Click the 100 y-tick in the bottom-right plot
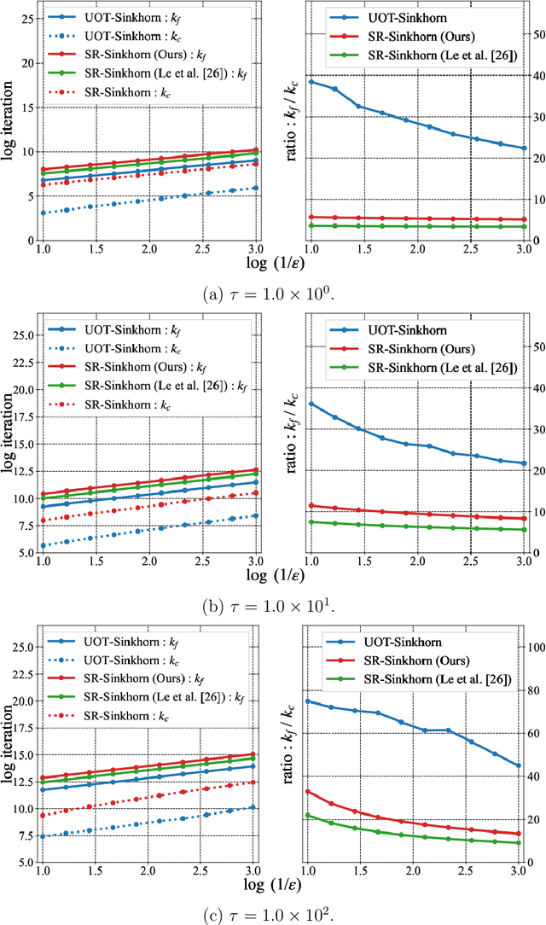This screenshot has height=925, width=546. pyautogui.click(x=529, y=647)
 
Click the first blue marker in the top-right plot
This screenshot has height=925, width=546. pyautogui.click(x=311, y=81)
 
